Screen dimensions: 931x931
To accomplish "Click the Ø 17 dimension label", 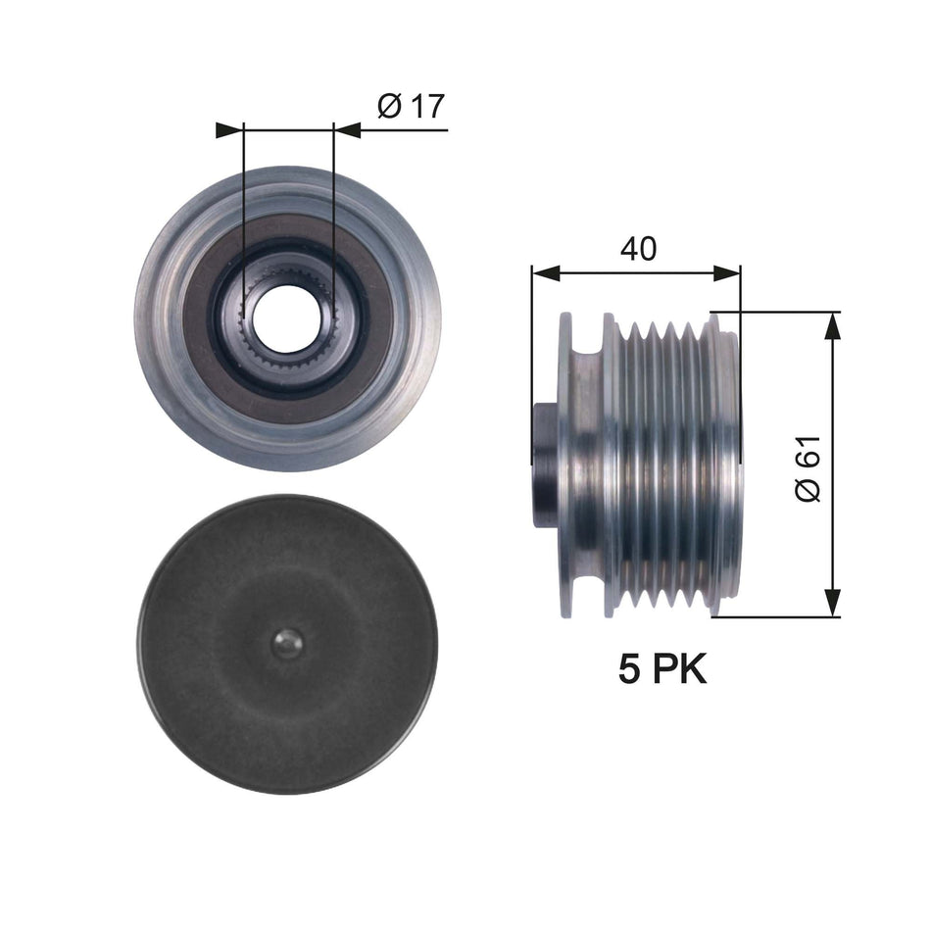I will coord(410,106).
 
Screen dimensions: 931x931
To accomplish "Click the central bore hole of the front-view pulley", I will coord(287,318).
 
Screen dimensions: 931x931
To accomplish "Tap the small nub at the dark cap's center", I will coord(287,643).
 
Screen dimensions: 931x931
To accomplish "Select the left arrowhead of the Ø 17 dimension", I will coord(229,129).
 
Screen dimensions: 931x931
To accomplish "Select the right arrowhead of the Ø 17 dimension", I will coord(346,129).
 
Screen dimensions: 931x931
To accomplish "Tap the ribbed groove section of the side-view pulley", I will coord(666,465).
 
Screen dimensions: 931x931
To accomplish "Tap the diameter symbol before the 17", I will coord(387,106).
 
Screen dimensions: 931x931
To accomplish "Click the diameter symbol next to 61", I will coord(809,489).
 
